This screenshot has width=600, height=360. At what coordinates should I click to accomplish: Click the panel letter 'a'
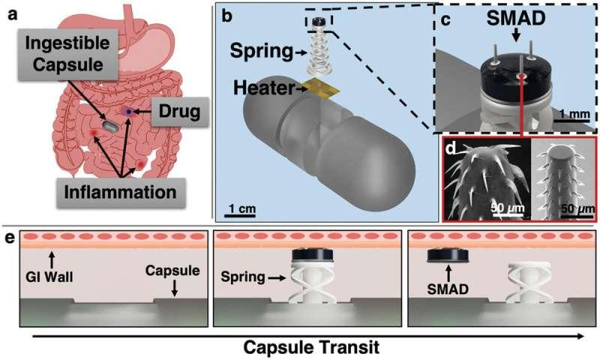pyautogui.click(x=13, y=15)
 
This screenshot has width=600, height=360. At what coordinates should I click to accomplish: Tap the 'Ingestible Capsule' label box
pyautogui.click(x=67, y=53)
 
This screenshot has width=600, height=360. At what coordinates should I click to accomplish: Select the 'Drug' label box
pyautogui.click(x=180, y=111)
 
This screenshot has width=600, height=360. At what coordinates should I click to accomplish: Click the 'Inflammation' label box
pyautogui.click(x=121, y=193)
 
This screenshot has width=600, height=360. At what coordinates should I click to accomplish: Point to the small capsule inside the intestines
pyautogui.click(x=110, y=126)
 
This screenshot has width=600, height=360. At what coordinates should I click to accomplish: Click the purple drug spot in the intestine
pyautogui.click(x=129, y=112)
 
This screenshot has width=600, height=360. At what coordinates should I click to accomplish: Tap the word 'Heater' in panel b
pyautogui.click(x=264, y=88)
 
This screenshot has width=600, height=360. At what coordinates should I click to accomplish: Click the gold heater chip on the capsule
pyautogui.click(x=321, y=88)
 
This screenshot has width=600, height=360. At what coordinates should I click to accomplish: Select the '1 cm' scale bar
pyautogui.click(x=240, y=215)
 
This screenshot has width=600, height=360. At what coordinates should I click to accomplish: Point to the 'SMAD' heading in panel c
pyautogui.click(x=516, y=18)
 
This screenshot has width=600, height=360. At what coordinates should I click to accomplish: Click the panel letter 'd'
pyautogui.click(x=451, y=148)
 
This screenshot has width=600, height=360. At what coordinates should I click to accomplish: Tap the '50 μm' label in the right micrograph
pyautogui.click(x=577, y=209)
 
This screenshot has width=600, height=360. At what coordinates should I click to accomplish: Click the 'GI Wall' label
pyautogui.click(x=49, y=276)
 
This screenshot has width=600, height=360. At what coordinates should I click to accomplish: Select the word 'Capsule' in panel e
pyautogui.click(x=172, y=271)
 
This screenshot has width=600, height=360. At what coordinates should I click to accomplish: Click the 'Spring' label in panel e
pyautogui.click(x=243, y=277)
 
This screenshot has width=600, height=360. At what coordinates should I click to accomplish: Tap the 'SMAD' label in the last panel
pyautogui.click(x=448, y=289)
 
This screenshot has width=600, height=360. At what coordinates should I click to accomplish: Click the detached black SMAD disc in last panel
pyautogui.click(x=448, y=256)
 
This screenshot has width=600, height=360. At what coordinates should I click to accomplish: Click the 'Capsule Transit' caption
pyautogui.click(x=311, y=348)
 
